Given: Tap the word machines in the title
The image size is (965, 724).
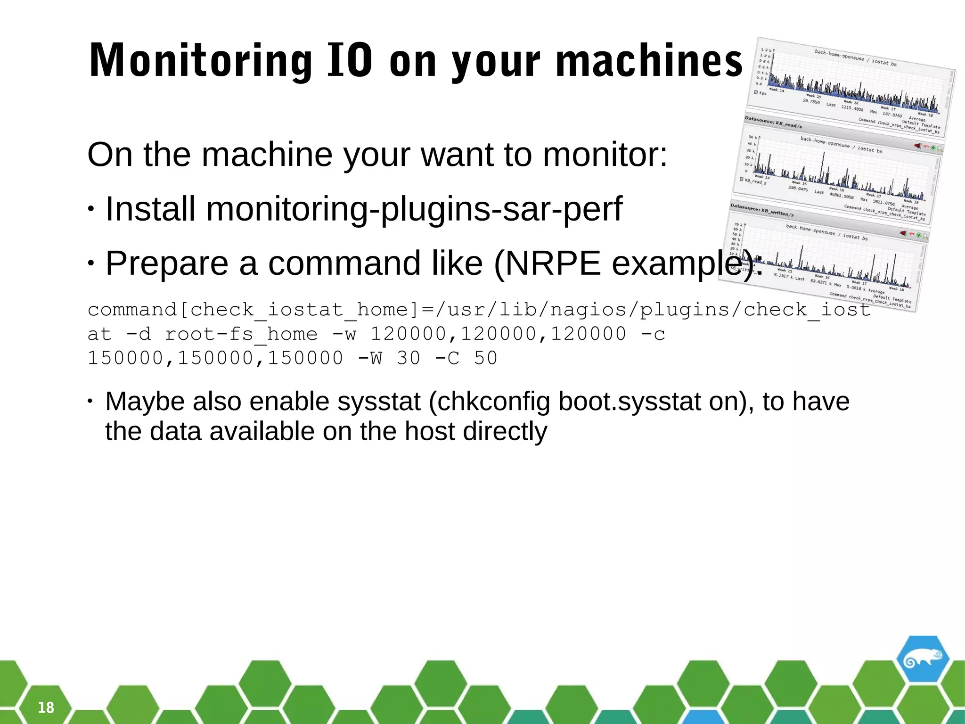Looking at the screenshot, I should (x=649, y=61).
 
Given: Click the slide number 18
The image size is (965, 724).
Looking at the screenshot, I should (x=46, y=707).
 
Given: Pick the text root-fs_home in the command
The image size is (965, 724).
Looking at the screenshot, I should (x=241, y=334).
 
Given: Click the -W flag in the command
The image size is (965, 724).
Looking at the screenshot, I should (x=370, y=358).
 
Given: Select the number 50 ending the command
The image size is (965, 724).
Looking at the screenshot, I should (x=486, y=358).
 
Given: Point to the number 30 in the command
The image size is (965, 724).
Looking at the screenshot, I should (x=409, y=358).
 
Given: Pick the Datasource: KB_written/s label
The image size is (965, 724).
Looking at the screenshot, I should (x=762, y=211).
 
